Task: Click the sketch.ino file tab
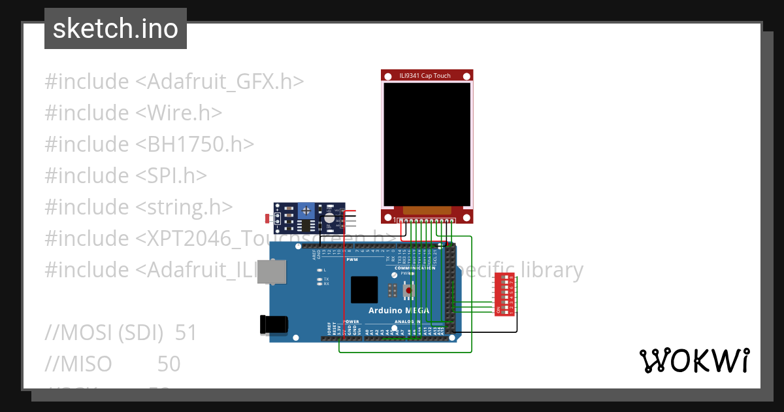pyautogui.click(x=116, y=29)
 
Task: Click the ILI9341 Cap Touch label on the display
pyautogui.click(x=425, y=76)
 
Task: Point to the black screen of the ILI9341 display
pyautogui.click(x=427, y=144)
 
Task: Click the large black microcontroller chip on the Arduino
pyautogui.click(x=364, y=289)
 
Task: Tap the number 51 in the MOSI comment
pyautogui.click(x=186, y=333)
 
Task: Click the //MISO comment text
pyautogui.click(x=78, y=364)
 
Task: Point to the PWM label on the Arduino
pyautogui.click(x=352, y=260)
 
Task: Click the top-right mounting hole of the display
pyautogui.click(x=466, y=76)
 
